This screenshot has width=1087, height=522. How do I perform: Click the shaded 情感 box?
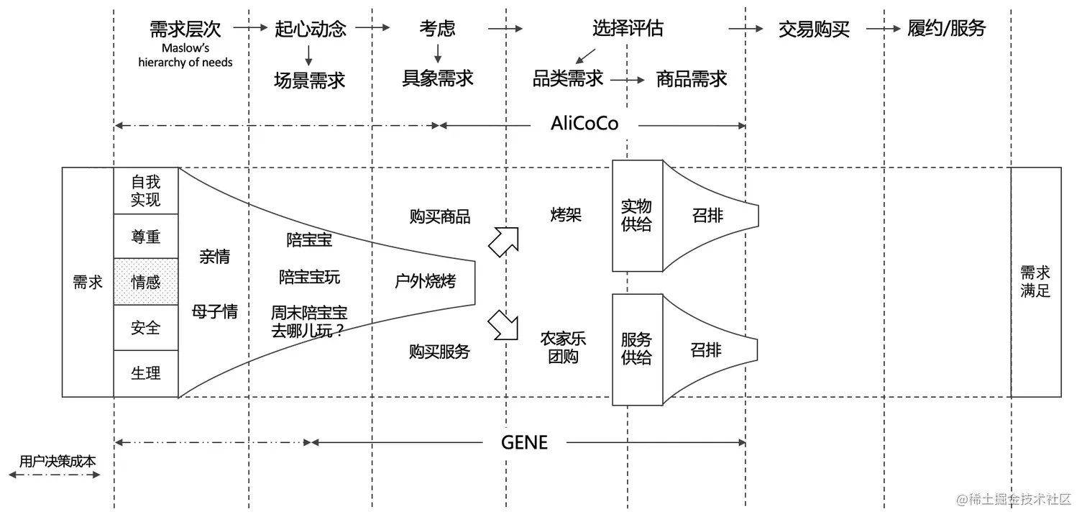[146, 282]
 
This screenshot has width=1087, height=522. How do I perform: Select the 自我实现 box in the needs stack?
[146, 191]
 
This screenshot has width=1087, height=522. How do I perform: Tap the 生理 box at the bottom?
[146, 373]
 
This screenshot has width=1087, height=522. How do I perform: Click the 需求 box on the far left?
[88, 282]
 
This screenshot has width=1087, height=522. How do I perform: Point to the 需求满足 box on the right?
[1035, 282]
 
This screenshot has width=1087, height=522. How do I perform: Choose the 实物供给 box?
[636, 216]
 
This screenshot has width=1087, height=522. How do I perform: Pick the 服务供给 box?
[636, 349]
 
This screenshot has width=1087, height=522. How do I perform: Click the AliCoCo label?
[584, 124]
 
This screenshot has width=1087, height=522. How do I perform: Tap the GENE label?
[524, 442]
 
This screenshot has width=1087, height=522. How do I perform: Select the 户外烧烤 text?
[426, 281]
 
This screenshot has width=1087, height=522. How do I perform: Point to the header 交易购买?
[814, 29]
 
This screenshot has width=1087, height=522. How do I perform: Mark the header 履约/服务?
[946, 29]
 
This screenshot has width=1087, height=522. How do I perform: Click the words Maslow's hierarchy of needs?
[185, 55]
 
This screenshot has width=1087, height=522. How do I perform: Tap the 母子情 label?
[214, 312]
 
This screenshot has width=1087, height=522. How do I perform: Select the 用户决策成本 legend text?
[58, 461]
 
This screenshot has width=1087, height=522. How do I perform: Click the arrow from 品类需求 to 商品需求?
[628, 80]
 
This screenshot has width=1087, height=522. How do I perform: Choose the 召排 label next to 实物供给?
[707, 215]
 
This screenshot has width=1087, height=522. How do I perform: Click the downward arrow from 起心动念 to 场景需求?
[309, 55]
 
